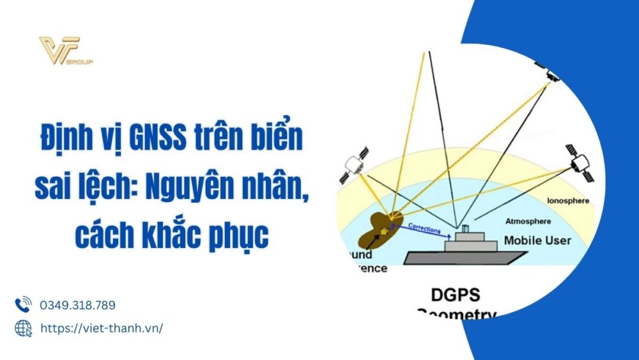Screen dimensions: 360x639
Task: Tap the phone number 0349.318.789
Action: coord(78,305)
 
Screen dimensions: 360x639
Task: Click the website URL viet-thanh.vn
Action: coord(102,328)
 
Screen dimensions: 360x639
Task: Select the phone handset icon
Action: coord(23,304)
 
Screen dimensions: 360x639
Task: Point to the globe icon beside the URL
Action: coord(23,328)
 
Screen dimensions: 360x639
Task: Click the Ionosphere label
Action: coord(568,201)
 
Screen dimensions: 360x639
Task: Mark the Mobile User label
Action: coord(537,240)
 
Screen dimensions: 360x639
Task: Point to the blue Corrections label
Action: coord(424,226)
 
